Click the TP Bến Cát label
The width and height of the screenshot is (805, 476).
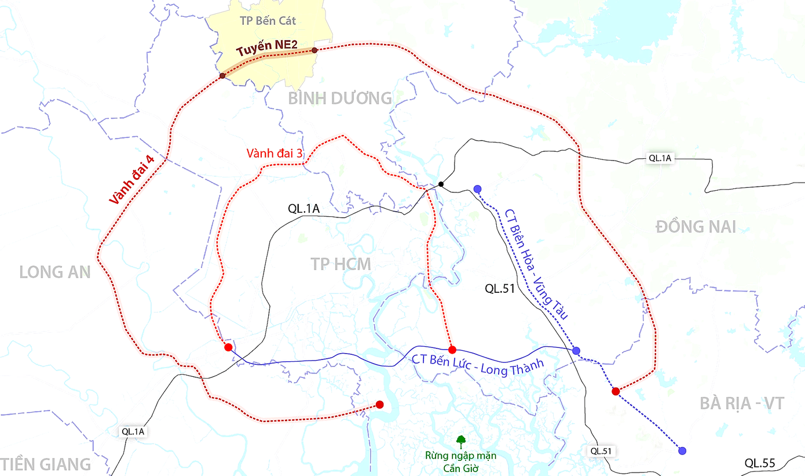268,21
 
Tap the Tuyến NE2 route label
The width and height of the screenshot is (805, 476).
258,50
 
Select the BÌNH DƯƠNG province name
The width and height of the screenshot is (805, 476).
340,99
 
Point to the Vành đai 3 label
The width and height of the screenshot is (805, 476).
275,154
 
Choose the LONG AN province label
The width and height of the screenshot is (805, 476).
55,272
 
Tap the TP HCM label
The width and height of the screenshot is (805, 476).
341,264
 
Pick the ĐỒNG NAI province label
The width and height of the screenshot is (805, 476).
696,227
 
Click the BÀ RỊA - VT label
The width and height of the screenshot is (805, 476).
742,404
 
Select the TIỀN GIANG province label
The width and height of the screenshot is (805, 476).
46,464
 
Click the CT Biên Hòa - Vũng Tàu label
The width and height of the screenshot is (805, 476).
536,264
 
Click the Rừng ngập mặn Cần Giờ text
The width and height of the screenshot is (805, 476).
460,462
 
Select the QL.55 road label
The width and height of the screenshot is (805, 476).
760,463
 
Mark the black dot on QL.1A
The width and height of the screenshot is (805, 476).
441,184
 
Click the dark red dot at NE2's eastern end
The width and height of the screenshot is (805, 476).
314,50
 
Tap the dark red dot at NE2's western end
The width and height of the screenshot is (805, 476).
222,76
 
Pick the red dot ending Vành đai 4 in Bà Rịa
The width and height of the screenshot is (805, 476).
616,391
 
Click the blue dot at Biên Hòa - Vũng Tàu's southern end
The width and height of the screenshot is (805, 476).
682,450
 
